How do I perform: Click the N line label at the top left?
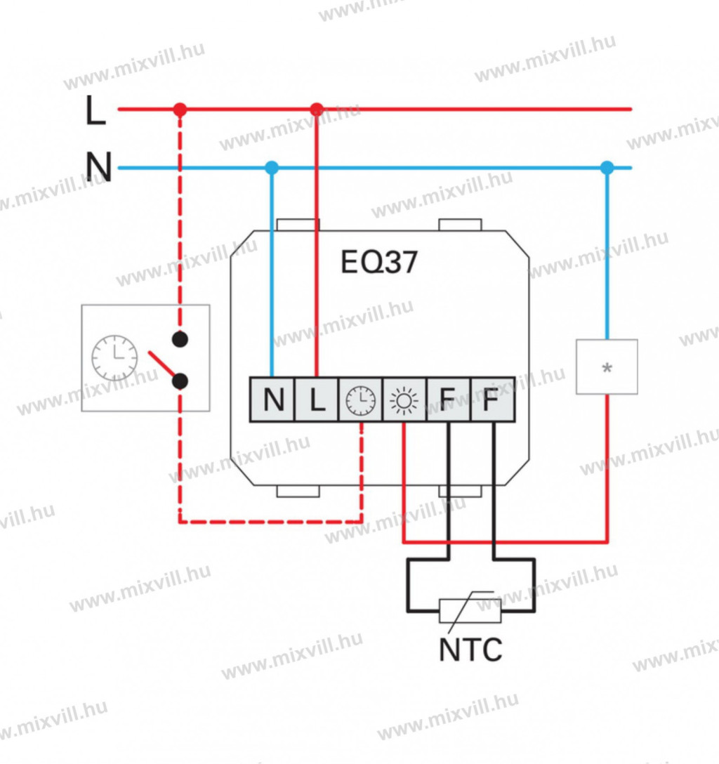coord(98,168)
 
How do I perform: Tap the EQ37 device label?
coord(379,262)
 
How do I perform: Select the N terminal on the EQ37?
coord(273,400)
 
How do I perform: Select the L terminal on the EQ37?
coord(317,400)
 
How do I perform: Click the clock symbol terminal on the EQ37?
coord(361,400)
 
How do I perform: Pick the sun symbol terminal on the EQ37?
coord(404,400)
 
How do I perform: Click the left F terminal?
coord(449,400)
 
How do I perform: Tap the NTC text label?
coord(470,650)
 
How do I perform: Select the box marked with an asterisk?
coord(607,367)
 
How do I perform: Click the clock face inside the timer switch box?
coord(114,358)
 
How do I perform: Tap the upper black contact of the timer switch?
coord(180,339)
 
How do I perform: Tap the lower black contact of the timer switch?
coord(180,381)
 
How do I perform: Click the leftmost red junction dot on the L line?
coord(180,110)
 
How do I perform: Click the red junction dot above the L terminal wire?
coord(317,110)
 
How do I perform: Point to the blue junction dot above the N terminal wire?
coord(272,168)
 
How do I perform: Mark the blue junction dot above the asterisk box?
coord(607,168)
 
